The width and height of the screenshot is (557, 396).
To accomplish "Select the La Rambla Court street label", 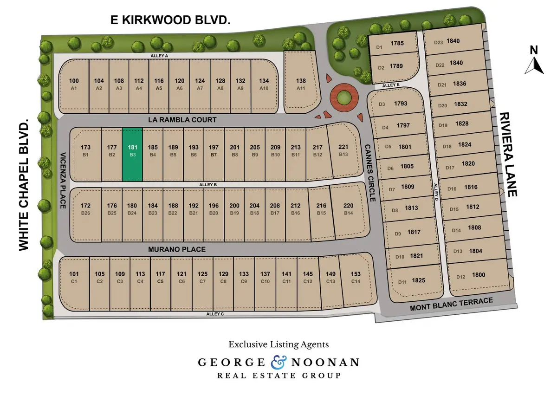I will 182,120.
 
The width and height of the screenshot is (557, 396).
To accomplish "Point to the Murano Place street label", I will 177,249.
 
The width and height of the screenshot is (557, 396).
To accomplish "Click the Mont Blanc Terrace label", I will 451,305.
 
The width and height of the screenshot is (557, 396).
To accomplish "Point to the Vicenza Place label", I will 63,181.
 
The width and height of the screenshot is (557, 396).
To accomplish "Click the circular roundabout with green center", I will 344,97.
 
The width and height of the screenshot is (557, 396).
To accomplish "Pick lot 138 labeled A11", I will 301,84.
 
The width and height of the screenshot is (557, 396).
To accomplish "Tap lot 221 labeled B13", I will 343,150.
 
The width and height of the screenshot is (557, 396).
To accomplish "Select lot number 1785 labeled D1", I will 390,45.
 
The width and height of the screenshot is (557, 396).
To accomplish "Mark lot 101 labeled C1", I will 74,277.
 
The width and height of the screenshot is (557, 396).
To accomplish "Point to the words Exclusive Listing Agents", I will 278,344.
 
